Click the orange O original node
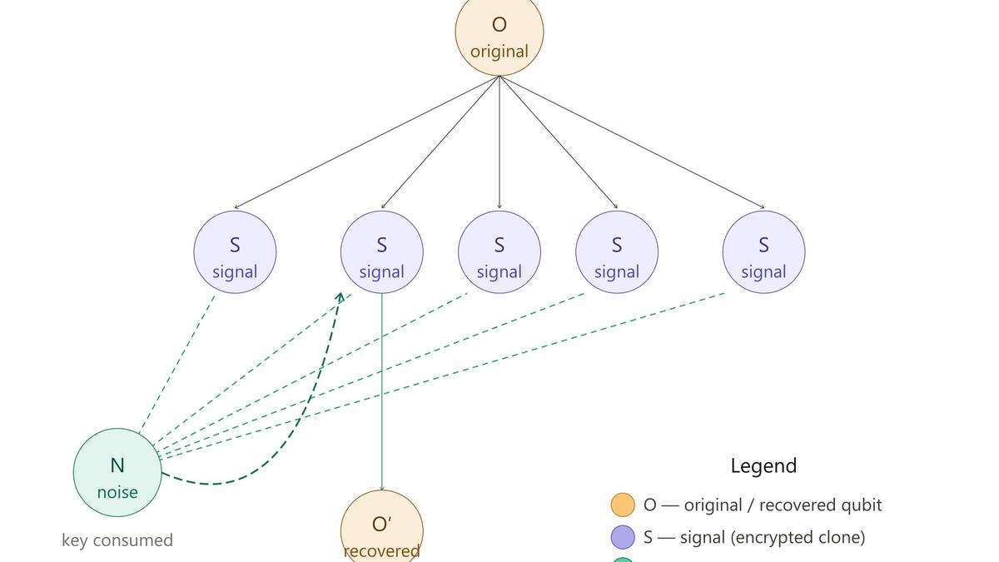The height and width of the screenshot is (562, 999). coord(499,33)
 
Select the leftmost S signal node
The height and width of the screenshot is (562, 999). coord(235,251)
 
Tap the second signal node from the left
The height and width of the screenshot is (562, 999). coord(382,251)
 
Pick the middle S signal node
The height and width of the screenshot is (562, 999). coord(499,251)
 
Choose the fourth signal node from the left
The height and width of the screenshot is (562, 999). coord(617,251)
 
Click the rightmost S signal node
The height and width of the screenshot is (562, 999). coord(763,251)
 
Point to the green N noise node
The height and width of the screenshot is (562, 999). coord(117,472)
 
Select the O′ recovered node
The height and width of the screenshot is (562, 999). coord(381,529)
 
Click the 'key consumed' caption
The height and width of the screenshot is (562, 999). coord(117,540)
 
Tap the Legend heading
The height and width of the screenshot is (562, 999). coord(763,465)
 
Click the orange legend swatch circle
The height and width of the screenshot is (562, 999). coord(623,505)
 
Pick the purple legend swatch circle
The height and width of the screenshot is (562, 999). coord(623,537)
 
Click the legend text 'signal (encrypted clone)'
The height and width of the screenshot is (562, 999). coord(773,537)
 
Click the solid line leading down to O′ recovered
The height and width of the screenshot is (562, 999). coord(382,391)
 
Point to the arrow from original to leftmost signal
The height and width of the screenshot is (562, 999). coord(366,142)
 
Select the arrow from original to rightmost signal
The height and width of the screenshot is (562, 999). coord(633,142)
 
